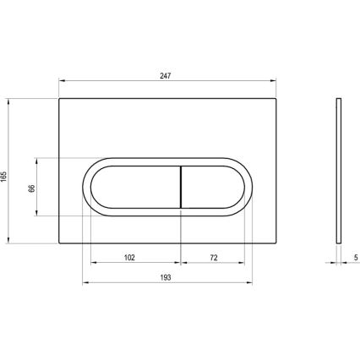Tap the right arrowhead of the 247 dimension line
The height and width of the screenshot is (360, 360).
click(274, 83)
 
